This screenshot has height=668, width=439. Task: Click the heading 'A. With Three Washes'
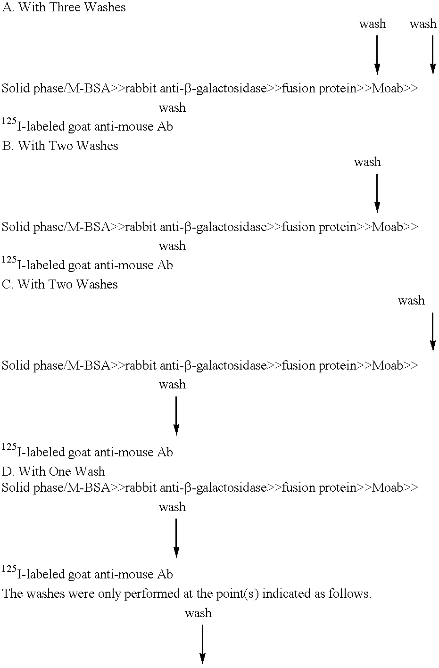click(64, 8)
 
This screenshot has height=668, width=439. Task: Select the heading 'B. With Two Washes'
click(60, 146)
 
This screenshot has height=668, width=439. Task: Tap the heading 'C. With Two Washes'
click(60, 284)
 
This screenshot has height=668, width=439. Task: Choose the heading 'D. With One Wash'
click(53, 471)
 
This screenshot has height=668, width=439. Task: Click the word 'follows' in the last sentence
click(356, 594)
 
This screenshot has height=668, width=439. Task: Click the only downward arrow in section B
click(377, 193)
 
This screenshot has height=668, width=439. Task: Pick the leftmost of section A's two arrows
click(377, 55)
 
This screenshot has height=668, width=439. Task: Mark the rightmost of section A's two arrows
click(432, 55)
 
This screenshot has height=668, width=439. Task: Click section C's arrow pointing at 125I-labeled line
click(176, 415)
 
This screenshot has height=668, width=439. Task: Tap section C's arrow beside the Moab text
click(432, 332)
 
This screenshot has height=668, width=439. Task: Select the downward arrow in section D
click(176, 537)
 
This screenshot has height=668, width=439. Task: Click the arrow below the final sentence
click(202, 644)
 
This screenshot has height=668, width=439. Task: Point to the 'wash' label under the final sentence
click(198, 613)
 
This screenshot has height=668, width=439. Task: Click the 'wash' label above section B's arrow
click(367, 162)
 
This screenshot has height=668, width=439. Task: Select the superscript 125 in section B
click(9, 260)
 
